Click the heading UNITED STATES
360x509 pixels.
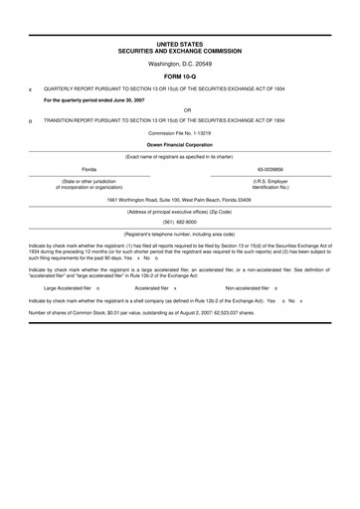coord(179,45)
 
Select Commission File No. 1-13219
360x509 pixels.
coord(179,132)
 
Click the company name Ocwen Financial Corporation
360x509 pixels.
coord(180,144)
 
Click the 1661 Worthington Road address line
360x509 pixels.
coord(179,199)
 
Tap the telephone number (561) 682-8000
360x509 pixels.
coord(180,222)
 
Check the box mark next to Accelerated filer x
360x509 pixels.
coord(175,287)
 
